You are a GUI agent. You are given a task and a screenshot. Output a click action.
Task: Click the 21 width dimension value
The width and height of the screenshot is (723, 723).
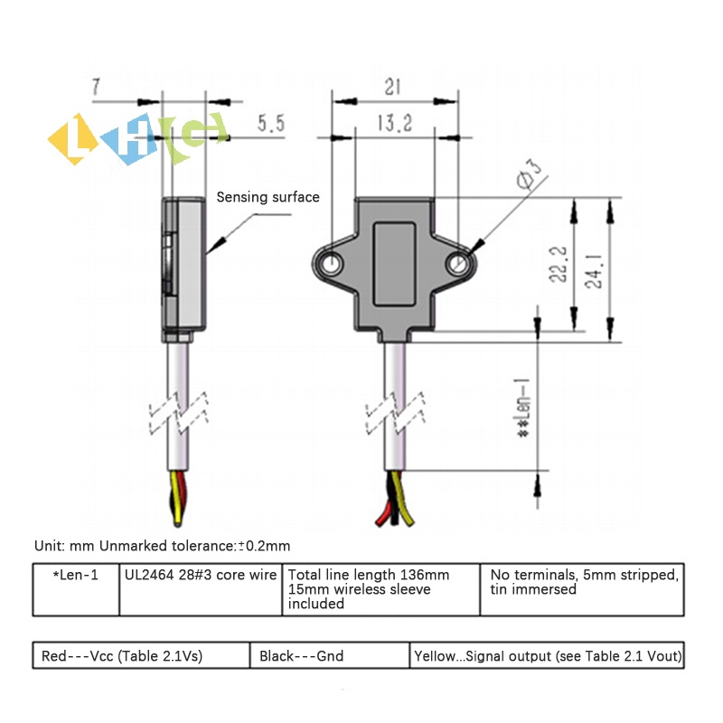click(393, 87)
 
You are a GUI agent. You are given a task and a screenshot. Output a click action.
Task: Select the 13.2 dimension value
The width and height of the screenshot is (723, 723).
click(395, 123)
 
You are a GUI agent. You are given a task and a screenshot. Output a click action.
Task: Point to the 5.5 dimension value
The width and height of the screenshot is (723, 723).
click(271, 124)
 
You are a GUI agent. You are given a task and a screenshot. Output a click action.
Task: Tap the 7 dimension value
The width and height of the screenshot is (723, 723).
click(96, 87)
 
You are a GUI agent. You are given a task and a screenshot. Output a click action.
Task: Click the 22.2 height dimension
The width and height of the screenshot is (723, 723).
click(558, 264)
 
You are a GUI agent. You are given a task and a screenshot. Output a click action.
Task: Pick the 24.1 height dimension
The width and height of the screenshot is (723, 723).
click(594, 271)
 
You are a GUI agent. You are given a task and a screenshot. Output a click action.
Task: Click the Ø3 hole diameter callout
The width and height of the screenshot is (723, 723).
click(529, 174)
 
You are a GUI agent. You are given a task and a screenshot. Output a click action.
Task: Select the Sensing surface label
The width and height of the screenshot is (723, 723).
click(268, 197)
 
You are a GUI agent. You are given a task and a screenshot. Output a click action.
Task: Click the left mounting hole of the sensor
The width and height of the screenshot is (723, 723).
click(331, 264)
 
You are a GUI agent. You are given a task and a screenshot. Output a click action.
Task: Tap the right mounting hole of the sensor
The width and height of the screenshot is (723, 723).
click(457, 264)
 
